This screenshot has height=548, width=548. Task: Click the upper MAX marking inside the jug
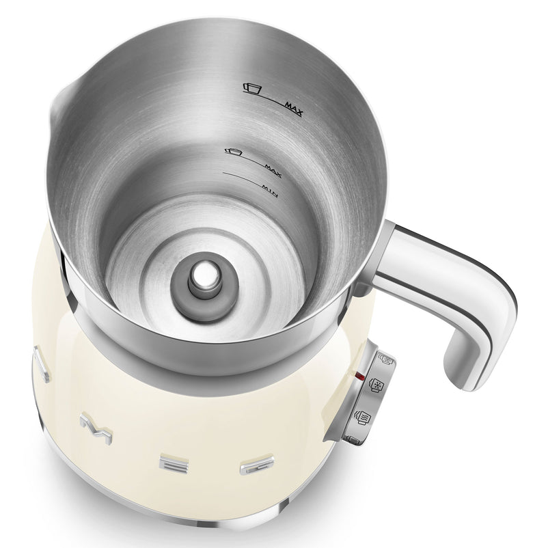[x=294, y=108]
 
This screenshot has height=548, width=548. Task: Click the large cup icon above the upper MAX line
[x=253, y=87]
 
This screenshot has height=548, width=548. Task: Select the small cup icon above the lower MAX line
[x=234, y=152]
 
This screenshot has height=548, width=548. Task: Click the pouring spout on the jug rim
[x=63, y=101]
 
